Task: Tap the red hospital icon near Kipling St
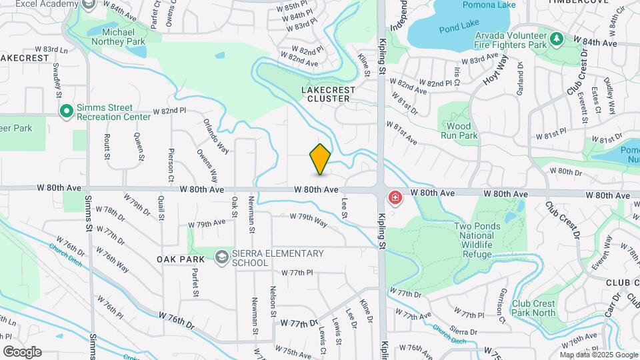click(395, 197)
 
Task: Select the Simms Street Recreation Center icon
click(66, 111)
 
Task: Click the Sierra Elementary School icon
click(221, 257)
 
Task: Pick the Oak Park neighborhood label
click(180, 259)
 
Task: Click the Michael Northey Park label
click(123, 37)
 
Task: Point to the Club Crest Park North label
click(533, 308)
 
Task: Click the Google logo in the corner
click(22, 351)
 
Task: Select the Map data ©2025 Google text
click(598, 355)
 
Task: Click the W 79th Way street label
click(308, 220)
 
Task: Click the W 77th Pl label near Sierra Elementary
click(297, 273)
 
